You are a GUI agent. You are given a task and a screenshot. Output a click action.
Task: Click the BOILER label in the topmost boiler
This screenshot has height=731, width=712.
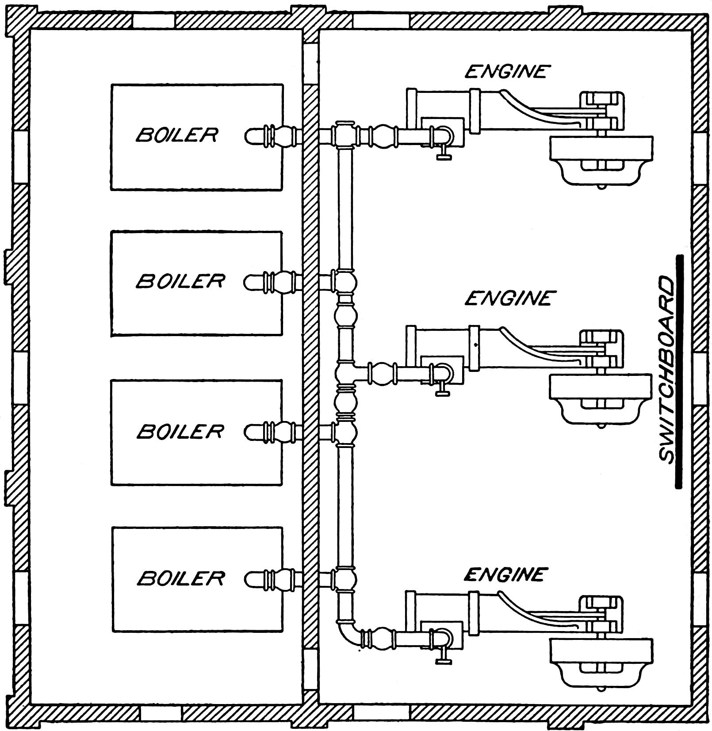coord(176,134)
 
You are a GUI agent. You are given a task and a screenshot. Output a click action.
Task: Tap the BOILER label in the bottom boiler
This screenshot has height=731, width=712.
coord(180,578)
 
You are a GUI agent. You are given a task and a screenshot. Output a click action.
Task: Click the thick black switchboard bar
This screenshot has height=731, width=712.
coord(679,371)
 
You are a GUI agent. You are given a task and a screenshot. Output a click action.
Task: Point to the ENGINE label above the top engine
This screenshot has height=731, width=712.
coord(507,71)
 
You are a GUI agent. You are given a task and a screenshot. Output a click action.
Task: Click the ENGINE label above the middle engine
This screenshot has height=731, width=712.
coord(508,299)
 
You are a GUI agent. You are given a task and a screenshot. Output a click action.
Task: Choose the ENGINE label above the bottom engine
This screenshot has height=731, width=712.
coord(504,574)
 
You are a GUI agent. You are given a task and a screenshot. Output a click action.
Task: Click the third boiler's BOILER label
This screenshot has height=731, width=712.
coord(180,431)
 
